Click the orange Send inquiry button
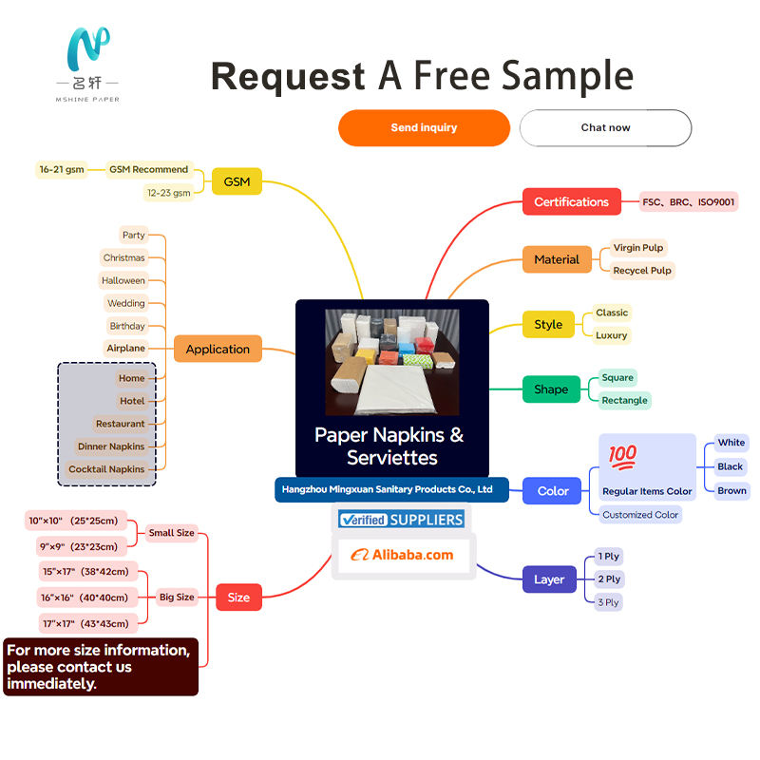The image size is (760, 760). pos(424,127)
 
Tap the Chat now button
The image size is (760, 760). pos(605,127)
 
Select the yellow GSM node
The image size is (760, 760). pos(237,181)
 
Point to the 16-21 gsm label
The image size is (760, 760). pos(61,170)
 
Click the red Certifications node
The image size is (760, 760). pos(571,201)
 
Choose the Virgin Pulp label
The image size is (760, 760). pos(638,248)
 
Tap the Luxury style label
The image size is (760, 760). pos(612,335)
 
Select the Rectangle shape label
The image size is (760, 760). pos(624,400)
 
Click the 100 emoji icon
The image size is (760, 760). pos(623,456)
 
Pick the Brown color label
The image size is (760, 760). pos(731,491)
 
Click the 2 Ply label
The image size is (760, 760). pos(609,579)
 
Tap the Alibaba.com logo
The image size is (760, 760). pos(403,555)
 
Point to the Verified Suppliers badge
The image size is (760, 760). pos(402,520)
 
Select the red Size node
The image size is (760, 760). pos(238,598)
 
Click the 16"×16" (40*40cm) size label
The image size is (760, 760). pos(85,598)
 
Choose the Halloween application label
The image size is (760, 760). pos(123,281)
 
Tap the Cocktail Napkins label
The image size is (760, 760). pos(106,469)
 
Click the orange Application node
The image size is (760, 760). pos(218,349)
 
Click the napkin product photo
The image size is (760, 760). pos(391,362)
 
